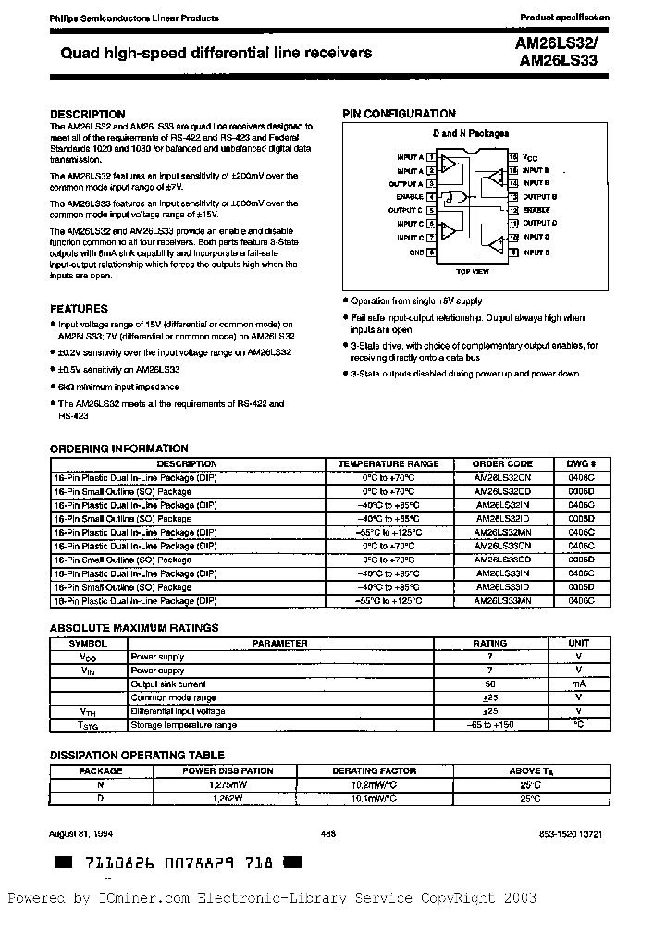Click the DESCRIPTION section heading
(x=87, y=115)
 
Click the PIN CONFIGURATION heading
(x=399, y=114)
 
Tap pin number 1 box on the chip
(x=432, y=158)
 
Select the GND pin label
(x=415, y=252)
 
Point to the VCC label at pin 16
(x=529, y=158)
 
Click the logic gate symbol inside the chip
(x=452, y=197)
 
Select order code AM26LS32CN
(x=502, y=478)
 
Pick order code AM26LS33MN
(x=502, y=601)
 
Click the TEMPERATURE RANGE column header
(x=388, y=464)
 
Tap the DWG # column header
(x=581, y=464)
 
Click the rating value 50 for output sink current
(x=489, y=684)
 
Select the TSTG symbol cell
(x=88, y=725)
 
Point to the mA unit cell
(x=578, y=684)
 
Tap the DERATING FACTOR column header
(x=375, y=770)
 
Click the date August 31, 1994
(x=79, y=833)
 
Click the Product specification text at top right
(x=564, y=18)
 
